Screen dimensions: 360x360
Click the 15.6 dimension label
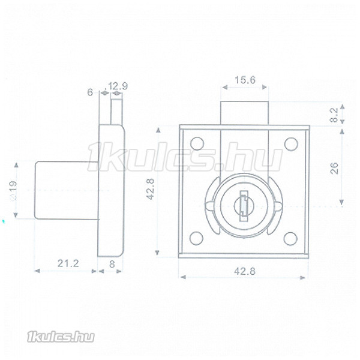click(x=245, y=80)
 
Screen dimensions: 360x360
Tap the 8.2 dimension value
click(x=335, y=115)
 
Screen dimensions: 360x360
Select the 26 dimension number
click(x=335, y=168)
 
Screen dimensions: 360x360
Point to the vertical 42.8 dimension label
click(x=151, y=189)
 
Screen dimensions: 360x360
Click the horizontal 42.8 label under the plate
click(x=245, y=272)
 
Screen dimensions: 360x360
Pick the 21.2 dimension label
click(x=68, y=263)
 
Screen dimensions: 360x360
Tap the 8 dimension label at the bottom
click(x=112, y=264)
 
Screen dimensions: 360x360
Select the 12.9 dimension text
click(x=118, y=86)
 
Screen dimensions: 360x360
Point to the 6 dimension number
click(x=90, y=92)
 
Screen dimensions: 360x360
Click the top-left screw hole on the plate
click(x=197, y=143)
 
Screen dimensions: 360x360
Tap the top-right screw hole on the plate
click(x=291, y=144)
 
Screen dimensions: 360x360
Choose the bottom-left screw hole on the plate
click(x=197, y=238)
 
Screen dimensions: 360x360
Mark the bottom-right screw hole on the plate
click(x=290, y=239)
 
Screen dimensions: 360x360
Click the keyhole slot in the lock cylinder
click(x=244, y=206)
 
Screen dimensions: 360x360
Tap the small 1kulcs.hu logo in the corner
click(x=61, y=337)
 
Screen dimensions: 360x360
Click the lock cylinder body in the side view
click(x=67, y=190)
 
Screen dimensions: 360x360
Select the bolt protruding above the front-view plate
click(x=245, y=113)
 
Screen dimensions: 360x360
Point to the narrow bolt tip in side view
click(x=116, y=112)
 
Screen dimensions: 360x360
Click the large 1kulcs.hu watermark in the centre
click(x=185, y=157)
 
